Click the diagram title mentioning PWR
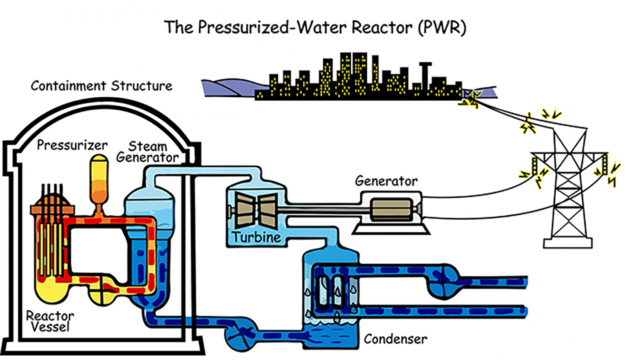(315, 27)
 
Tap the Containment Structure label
(101, 86)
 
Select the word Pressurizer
(72, 145)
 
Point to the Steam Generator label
(147, 152)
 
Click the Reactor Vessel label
(50, 321)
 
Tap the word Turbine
(256, 237)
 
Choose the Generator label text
(386, 181)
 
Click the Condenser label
(395, 339)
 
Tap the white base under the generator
(391, 229)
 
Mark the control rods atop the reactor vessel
(53, 197)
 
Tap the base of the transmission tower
(567, 243)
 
